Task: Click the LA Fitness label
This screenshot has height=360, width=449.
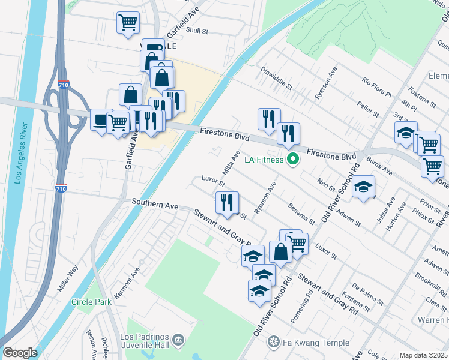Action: tap(264, 160)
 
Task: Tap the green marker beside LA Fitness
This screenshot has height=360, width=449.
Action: tap(293, 160)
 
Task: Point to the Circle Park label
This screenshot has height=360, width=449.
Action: tap(91, 302)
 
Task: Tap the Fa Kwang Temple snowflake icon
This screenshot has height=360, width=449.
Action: tap(274, 343)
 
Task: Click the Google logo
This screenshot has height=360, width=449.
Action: tap(20, 353)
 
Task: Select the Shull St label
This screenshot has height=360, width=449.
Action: tap(196, 30)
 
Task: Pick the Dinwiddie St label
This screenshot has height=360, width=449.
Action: tap(276, 77)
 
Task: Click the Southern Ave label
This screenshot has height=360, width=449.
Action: tap(155, 205)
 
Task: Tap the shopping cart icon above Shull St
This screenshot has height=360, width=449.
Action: tap(128, 23)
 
